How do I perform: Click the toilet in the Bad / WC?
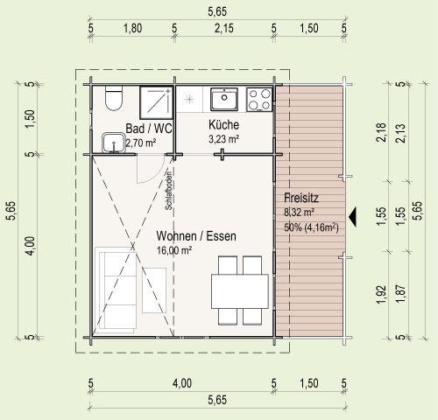[x=114, y=98]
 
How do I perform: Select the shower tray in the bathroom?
[x=157, y=102]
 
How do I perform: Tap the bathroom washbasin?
[x=114, y=143]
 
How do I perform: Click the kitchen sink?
[x=224, y=99]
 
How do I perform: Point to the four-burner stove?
[x=259, y=100]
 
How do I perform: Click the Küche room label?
[x=223, y=125]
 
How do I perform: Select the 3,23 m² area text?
[x=223, y=139]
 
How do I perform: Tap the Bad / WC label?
[x=149, y=129]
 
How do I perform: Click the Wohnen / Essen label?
[x=196, y=236]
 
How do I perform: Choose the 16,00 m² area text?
[x=174, y=250]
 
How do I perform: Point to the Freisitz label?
[x=301, y=198]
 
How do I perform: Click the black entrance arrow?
[x=353, y=217]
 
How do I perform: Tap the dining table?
[x=240, y=291]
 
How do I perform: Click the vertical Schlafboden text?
[x=168, y=191]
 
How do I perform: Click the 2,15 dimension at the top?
[x=224, y=28]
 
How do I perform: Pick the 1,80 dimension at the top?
[x=132, y=28]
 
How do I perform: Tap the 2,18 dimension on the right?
[x=381, y=133]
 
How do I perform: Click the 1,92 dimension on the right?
[x=381, y=294]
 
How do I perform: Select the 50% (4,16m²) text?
[x=311, y=227]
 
